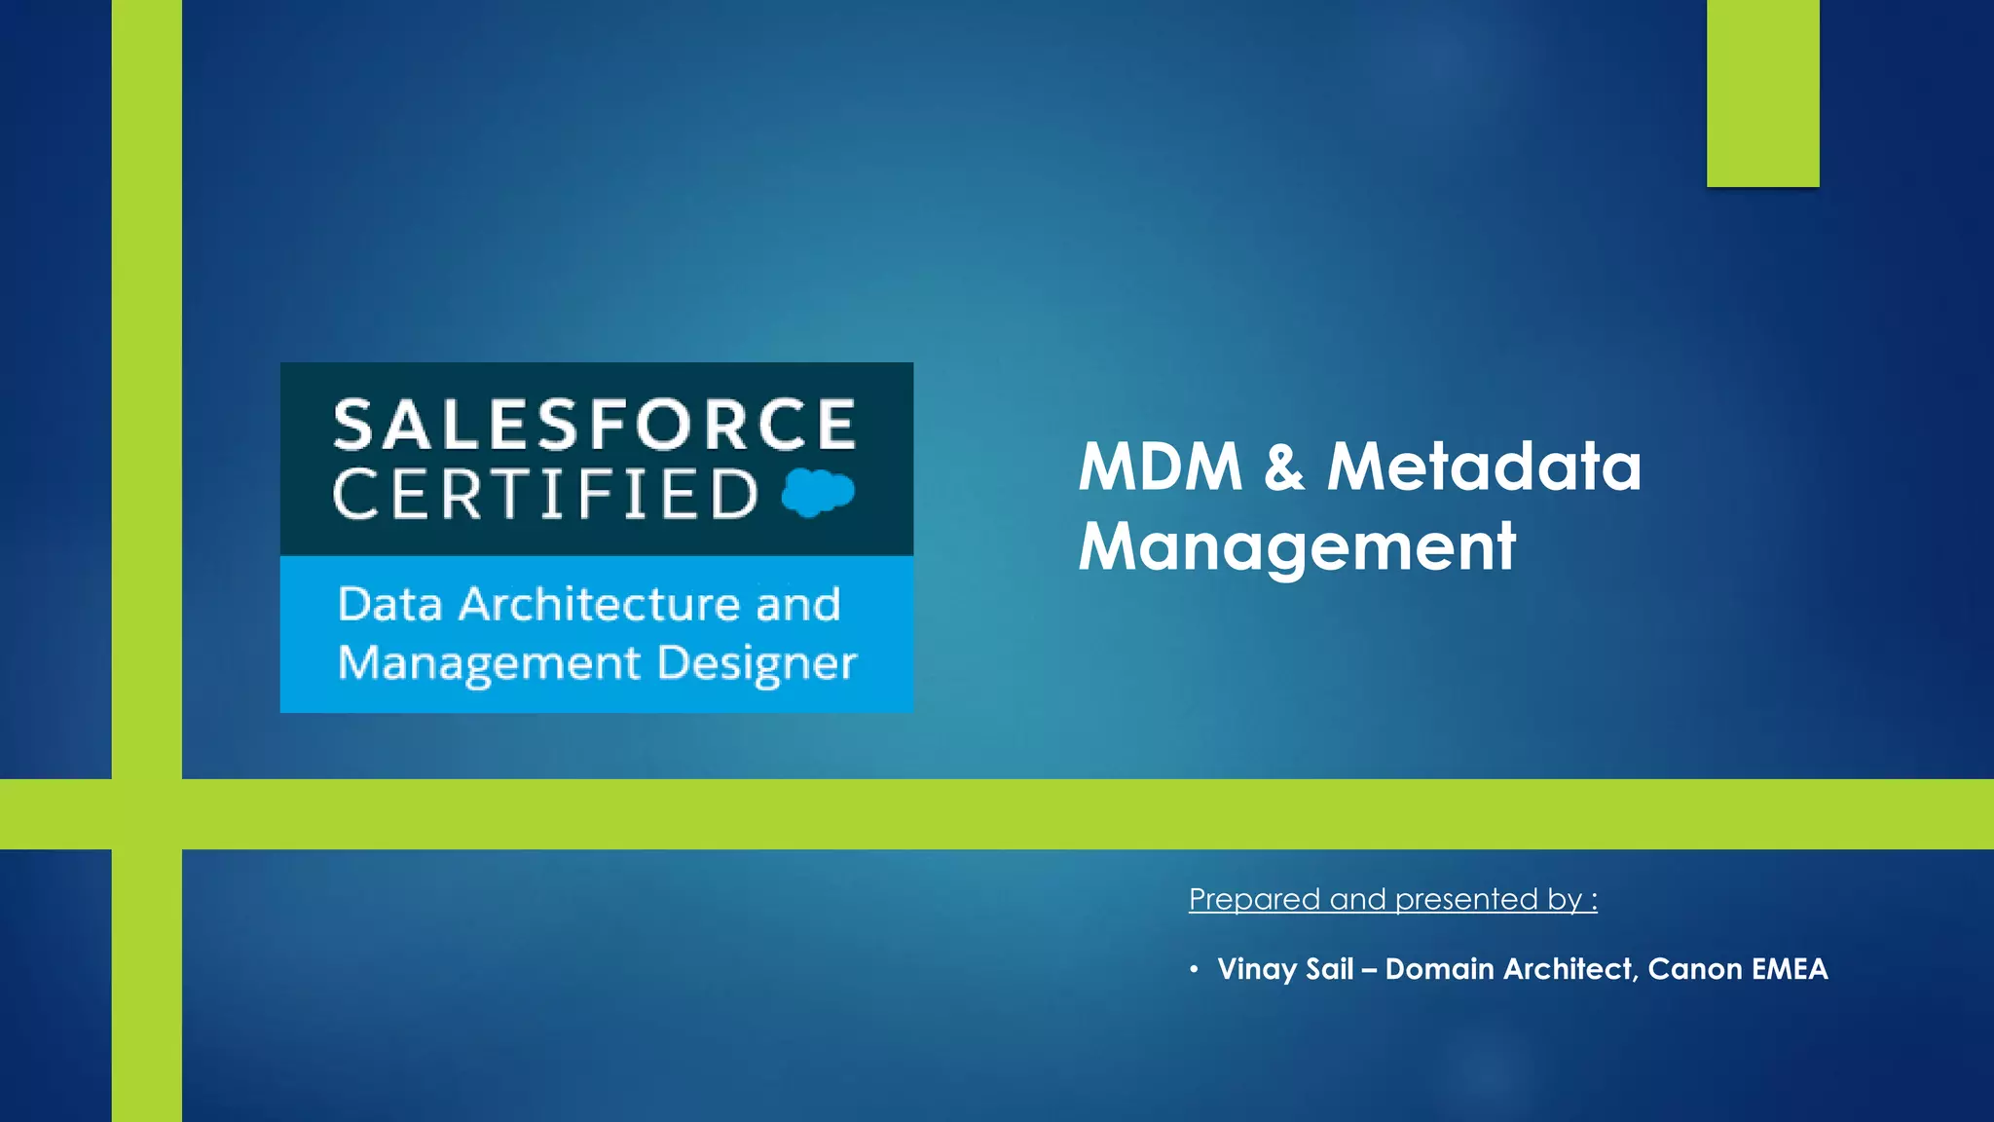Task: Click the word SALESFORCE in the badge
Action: pyautogui.click(x=594, y=425)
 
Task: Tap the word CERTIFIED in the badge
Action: pyautogui.click(x=545, y=494)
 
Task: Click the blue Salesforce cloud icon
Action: pyautogui.click(x=818, y=492)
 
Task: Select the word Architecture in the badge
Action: pyautogui.click(x=600, y=605)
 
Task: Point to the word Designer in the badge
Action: pyautogui.click(x=757, y=664)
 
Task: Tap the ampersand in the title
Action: pyautogui.click(x=1284, y=467)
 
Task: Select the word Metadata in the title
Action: pyautogui.click(x=1484, y=467)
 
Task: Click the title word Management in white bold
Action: pyautogui.click(x=1297, y=546)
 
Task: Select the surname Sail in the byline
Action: pyautogui.click(x=1329, y=969)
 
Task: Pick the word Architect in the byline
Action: pyautogui.click(x=1569, y=969)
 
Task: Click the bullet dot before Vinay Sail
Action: pyautogui.click(x=1194, y=969)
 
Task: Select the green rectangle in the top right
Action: pyautogui.click(x=1762, y=93)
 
